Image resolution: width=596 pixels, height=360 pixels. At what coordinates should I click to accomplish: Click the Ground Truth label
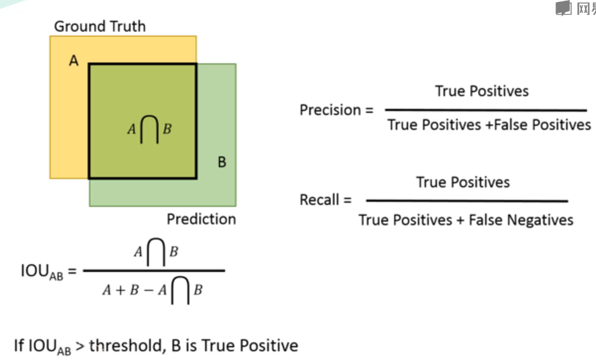coord(99,26)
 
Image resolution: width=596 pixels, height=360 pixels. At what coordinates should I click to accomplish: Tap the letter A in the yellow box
coord(74,61)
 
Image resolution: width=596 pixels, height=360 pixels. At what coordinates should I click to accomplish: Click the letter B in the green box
coord(221,162)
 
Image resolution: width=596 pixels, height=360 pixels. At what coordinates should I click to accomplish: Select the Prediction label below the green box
coord(201,219)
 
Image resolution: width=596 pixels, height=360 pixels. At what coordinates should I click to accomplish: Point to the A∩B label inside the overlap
coord(149,128)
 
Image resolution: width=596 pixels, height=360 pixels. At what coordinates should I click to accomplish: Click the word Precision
coord(330,110)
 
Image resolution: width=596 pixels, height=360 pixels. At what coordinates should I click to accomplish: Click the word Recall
coord(319,200)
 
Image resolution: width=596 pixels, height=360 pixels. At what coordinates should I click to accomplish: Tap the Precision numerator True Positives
coord(482,91)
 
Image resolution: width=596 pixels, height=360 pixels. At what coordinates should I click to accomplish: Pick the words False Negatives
coord(521,220)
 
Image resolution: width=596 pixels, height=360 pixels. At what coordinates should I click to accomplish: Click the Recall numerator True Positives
coord(463,182)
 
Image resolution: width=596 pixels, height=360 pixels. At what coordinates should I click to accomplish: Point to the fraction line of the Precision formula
coord(486,110)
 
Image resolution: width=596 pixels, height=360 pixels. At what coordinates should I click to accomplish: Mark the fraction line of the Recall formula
coord(466,201)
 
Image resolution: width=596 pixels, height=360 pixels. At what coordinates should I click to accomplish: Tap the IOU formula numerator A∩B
coord(155,252)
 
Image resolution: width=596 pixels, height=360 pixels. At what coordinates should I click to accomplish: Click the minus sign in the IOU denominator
coord(148,290)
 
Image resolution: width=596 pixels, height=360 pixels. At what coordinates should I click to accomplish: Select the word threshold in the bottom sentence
coord(126,346)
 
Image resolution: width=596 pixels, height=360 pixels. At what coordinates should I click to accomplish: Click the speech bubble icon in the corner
coord(563,8)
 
